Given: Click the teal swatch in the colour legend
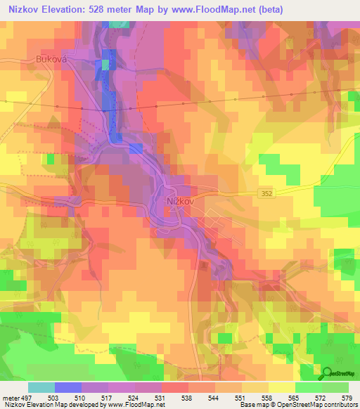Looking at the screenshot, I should tap(41, 387).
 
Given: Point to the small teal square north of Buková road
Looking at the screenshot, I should tap(105, 65).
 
